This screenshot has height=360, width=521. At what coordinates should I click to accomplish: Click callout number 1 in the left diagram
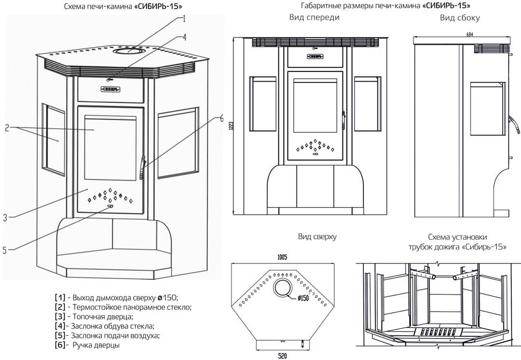coord(184,19)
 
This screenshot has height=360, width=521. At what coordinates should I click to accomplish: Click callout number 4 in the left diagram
coord(184,37)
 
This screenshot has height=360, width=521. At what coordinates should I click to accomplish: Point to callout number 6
coord(221,117)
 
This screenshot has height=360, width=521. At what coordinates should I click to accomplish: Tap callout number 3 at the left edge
coord(5,218)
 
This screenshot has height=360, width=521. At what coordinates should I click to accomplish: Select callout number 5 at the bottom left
coord(5,250)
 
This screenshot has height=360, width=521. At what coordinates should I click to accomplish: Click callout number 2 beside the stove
coord(7,128)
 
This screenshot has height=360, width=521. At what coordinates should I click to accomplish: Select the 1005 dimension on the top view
coord(282,258)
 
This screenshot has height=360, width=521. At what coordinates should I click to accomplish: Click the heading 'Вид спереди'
coord(314,17)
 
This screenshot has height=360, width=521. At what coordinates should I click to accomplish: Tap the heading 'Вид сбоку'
coord(459,17)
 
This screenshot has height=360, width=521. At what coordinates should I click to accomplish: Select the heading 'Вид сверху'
coord(317,237)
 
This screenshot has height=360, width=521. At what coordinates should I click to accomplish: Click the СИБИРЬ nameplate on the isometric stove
coord(110,89)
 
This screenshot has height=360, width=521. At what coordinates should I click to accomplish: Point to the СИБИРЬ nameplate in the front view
coord(315,56)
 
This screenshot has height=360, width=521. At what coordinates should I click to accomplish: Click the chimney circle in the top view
coord(282,289)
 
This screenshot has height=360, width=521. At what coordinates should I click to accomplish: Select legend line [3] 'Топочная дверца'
coord(94,317)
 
